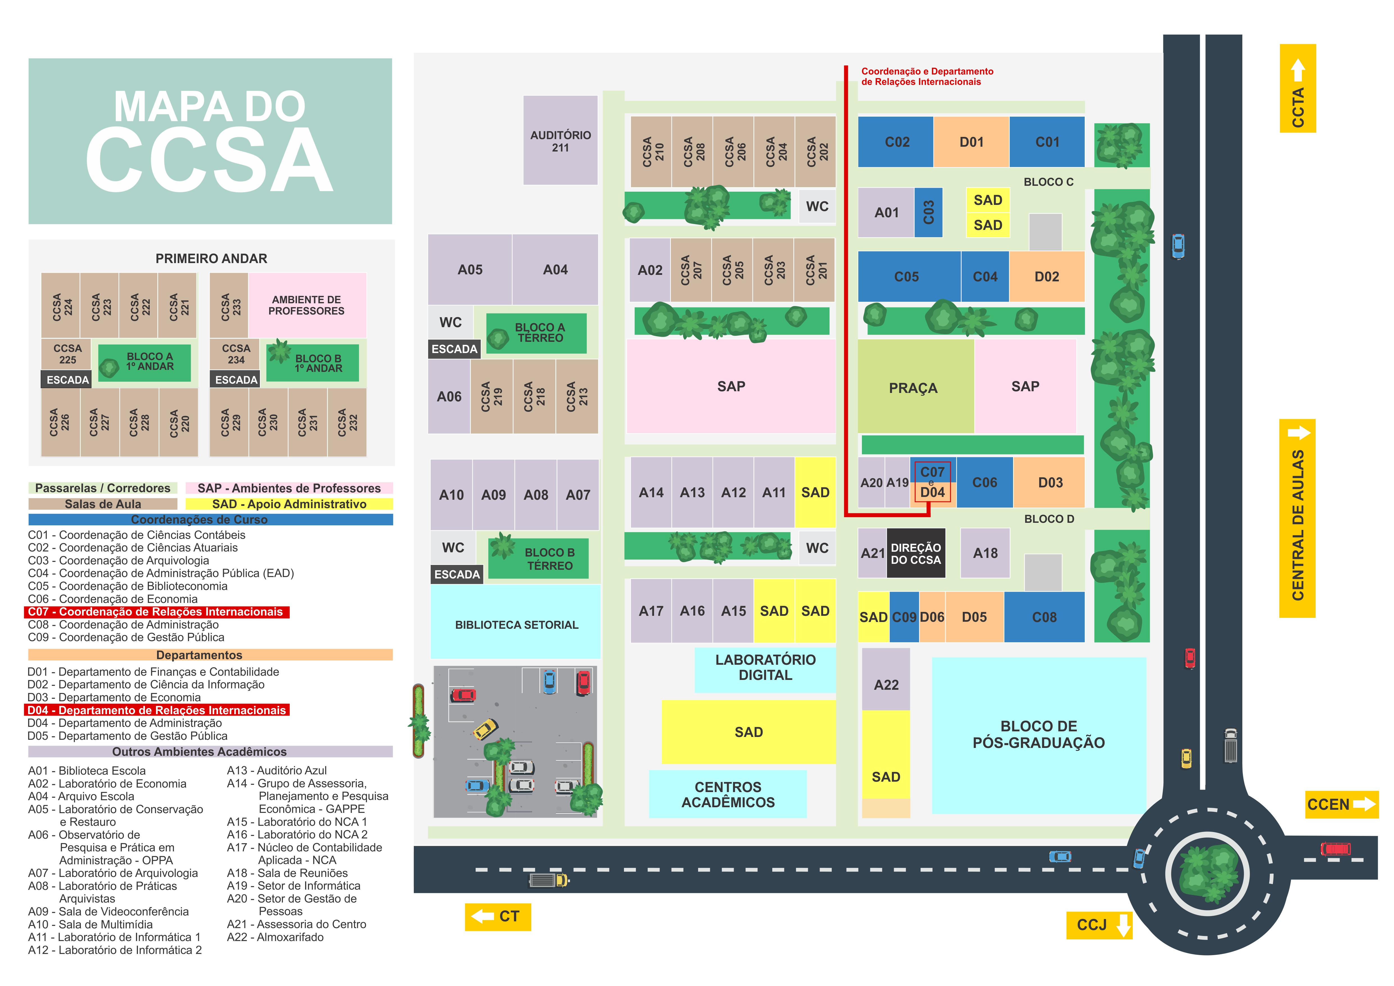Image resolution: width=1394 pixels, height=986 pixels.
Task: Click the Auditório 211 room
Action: pyautogui.click(x=560, y=140)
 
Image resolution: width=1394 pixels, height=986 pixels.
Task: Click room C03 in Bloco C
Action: pyautogui.click(x=928, y=213)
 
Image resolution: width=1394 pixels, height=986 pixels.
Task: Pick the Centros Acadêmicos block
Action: pyautogui.click(x=728, y=794)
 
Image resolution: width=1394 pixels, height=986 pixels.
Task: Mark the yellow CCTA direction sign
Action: pyautogui.click(x=1297, y=88)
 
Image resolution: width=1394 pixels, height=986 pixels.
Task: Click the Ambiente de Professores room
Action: pyautogui.click(x=307, y=305)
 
